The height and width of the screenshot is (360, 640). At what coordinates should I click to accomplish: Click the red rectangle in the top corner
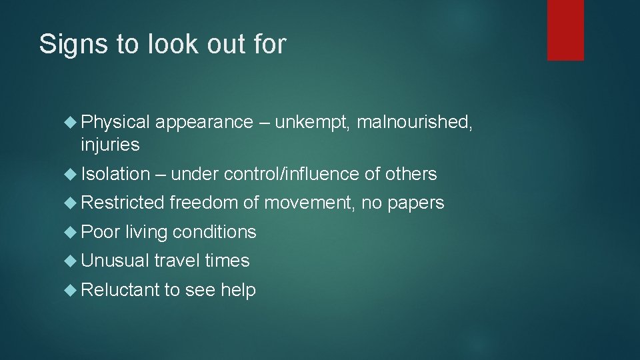pos(565,29)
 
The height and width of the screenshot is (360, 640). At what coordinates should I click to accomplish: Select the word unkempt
pos(313,123)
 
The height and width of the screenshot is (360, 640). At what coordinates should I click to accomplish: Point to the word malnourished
pos(415,123)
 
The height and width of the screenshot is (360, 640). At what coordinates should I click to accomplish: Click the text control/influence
pos(292,175)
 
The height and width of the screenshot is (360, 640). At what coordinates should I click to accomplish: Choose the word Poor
pos(100,232)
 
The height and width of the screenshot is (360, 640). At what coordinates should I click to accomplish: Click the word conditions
pos(214,232)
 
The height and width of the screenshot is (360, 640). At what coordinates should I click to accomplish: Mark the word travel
pos(177,261)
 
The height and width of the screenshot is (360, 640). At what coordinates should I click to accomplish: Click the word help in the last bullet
pos(238,290)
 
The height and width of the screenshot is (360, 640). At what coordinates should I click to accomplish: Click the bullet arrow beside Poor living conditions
pos(72,232)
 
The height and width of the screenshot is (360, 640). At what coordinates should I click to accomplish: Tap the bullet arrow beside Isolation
pos(72,175)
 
